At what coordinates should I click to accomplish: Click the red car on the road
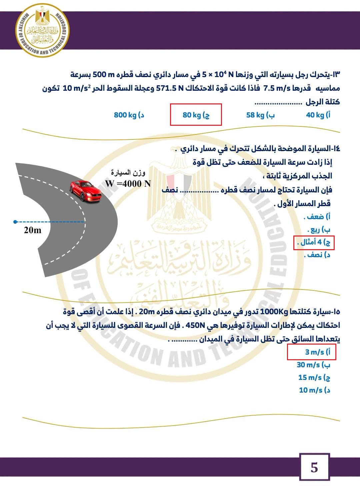point(85,190)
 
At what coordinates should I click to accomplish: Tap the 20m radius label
point(33,230)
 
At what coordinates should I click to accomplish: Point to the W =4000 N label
point(128,183)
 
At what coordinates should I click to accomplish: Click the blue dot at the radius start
point(15,222)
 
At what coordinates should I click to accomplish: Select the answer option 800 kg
point(129,115)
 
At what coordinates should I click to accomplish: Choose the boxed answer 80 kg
point(196,115)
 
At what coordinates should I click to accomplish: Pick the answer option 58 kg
point(260,115)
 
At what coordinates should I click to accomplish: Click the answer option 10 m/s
point(314,390)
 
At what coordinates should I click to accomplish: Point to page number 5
point(314,467)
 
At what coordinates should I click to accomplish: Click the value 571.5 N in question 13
point(170,88)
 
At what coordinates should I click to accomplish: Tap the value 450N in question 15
point(195,326)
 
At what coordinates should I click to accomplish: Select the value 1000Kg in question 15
point(274,312)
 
